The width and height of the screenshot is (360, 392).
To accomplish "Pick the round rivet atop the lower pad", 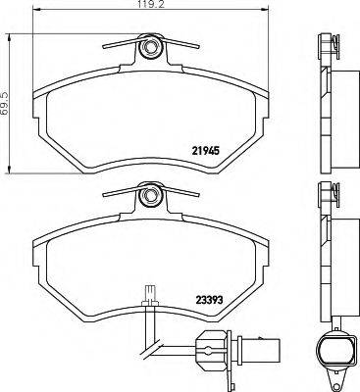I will (150, 197).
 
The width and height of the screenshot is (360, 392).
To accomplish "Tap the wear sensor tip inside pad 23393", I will (150, 292).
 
